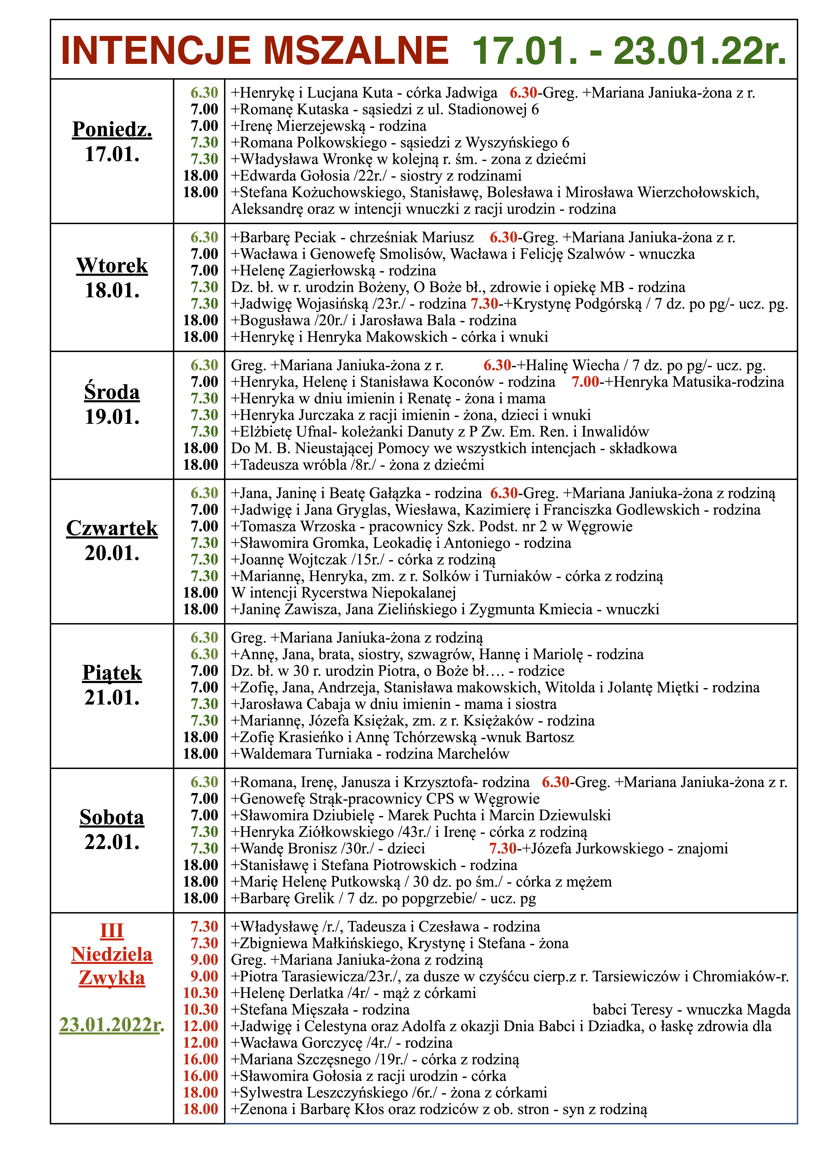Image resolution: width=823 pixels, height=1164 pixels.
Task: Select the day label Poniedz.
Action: point(112,129)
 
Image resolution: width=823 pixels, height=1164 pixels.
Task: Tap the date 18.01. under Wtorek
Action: point(112,291)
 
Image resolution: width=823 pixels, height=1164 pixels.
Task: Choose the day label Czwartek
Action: point(112,528)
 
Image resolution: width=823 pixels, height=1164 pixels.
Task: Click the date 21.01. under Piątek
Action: point(112,698)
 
